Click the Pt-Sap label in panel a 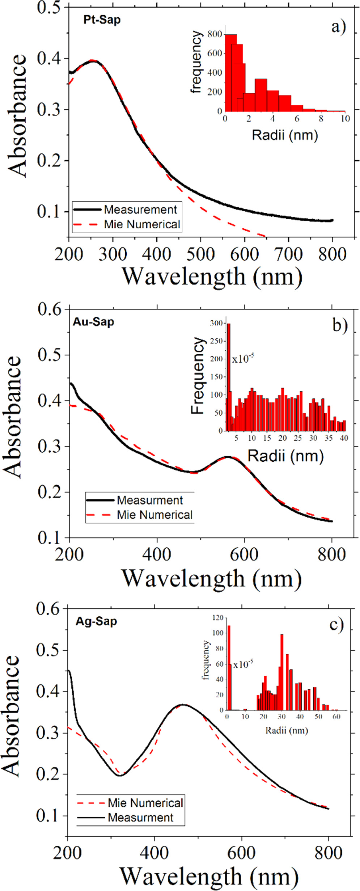pos(102,20)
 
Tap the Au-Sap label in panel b pos(93,322)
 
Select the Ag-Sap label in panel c pos(96,621)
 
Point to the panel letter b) pos(340,325)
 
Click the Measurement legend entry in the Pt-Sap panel pos(140,210)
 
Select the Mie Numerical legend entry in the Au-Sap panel pos(154,515)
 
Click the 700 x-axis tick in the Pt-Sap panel pos(288,254)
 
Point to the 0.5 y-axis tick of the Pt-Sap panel pos(48,7)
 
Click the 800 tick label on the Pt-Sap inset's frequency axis pos(215,34)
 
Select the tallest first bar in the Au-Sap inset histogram pos(229,376)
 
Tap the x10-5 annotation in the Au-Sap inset pos(243,359)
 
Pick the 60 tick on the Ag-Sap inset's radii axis pos(336,717)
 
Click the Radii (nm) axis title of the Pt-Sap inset pos(285,135)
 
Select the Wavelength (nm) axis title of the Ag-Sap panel pos(209,876)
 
